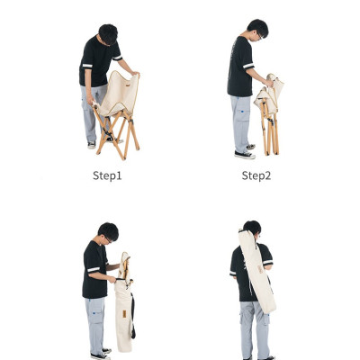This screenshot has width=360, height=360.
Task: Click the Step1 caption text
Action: click(107, 175)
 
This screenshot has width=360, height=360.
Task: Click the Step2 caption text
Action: click(256, 175)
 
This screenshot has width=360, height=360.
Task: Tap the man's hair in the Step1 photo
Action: click(108, 33)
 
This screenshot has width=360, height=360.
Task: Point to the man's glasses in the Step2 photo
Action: click(259, 36)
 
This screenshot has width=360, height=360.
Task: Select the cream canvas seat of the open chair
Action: click(120, 93)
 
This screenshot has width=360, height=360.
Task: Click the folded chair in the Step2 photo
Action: click(269, 114)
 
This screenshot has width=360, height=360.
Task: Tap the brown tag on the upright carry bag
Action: click(124, 314)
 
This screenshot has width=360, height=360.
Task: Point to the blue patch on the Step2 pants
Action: click(241, 112)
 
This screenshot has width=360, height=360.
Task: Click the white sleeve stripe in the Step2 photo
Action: click(248, 66)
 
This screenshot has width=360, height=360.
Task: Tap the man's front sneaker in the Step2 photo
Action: click(245, 155)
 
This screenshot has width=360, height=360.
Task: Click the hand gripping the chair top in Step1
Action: click(135, 73)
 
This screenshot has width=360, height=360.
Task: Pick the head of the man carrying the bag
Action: click(252, 229)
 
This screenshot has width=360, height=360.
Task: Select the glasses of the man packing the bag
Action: click(108, 239)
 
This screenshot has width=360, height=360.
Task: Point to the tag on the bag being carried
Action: click(260, 269)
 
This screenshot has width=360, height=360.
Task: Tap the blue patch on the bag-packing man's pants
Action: click(94, 313)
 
